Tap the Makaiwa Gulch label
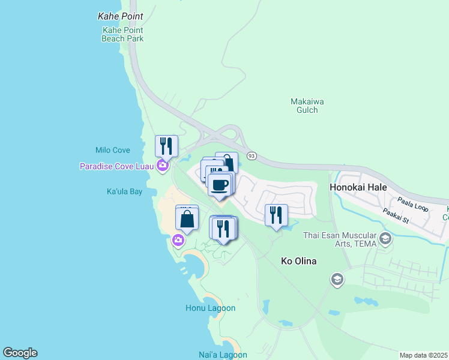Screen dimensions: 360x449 (307, 106)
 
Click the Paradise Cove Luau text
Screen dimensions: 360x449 (117, 166)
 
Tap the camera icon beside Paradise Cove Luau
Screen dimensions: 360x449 (161, 166)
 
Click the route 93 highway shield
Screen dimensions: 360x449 (252, 156)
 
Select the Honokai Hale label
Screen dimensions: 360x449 (358, 187)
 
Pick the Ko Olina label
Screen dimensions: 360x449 (299, 262)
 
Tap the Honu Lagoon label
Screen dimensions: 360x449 (210, 308)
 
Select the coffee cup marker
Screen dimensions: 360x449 (220, 183)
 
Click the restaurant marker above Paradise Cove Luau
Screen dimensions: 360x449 (166, 146)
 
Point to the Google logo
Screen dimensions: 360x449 (20, 353)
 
